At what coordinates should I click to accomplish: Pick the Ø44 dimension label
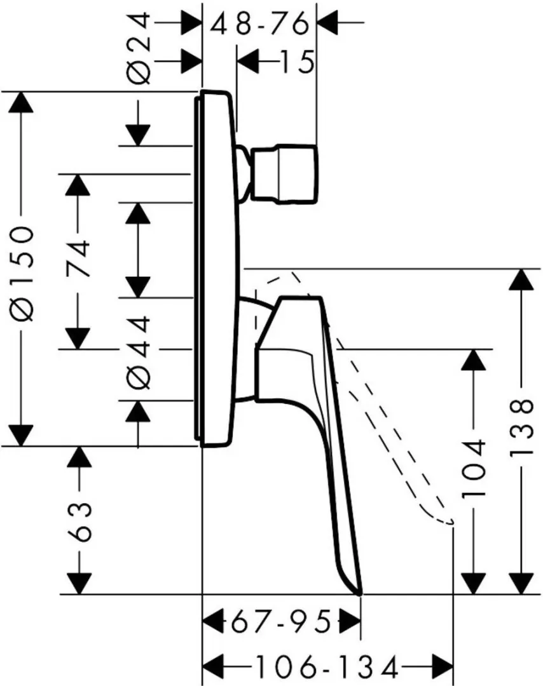(x=139, y=351)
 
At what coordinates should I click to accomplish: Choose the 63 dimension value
(x=78, y=520)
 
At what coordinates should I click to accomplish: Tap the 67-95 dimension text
(x=280, y=621)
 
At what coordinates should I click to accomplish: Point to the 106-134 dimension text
(x=326, y=667)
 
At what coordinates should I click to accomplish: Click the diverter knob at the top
(x=284, y=174)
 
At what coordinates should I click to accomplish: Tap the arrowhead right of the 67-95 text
(x=348, y=621)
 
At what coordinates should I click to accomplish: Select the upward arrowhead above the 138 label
(x=521, y=281)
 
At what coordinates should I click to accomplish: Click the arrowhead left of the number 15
(x=249, y=62)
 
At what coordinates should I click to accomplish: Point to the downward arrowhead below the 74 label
(x=78, y=336)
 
